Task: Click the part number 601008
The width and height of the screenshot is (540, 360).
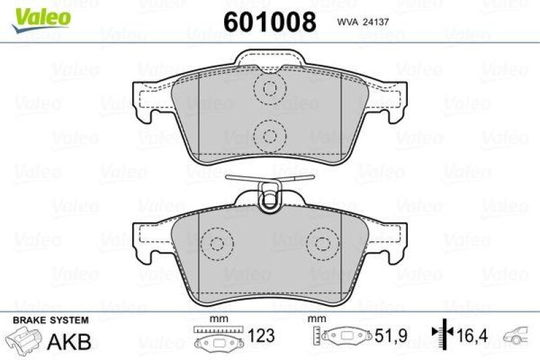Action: [x=270, y=22]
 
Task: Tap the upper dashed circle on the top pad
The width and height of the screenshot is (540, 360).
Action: [x=270, y=88]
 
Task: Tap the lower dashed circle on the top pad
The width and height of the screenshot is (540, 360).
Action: [x=270, y=134]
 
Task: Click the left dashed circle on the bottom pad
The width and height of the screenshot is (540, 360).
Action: [x=218, y=243]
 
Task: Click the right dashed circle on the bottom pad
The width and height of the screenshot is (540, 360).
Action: [x=322, y=243]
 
